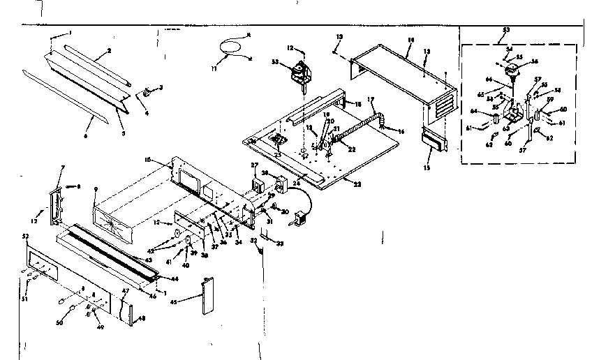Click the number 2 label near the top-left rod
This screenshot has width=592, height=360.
pos(109,51)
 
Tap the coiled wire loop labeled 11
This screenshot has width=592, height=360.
pos(228,47)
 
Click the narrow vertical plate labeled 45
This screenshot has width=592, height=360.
pos(207,297)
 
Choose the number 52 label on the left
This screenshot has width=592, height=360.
pos(27,238)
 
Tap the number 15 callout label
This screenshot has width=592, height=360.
pos(427,169)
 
